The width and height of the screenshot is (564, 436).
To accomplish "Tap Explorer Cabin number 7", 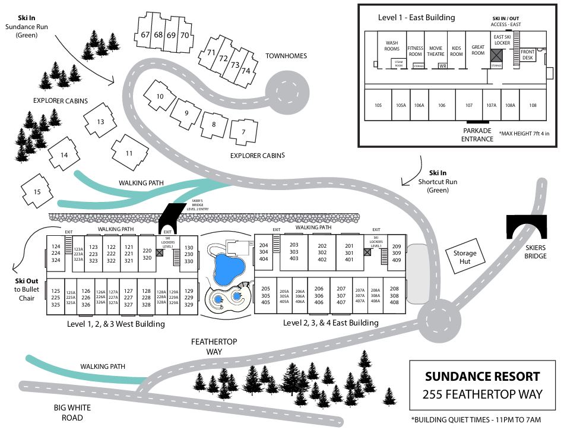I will coord(242,132).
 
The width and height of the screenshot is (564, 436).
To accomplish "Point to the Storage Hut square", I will coord(465,257).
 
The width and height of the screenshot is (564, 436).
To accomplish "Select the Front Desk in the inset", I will coord(528,55).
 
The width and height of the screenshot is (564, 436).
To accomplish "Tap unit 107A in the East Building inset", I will coord(491,105).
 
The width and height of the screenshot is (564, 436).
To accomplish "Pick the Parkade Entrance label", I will coord(478,135).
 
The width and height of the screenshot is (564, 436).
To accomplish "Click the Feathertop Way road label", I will coord(206,347).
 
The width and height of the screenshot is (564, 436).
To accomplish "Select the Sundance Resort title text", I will coord(483,377).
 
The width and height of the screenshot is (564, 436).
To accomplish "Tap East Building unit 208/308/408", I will coord(394,295).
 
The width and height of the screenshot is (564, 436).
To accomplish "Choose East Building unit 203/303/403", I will coord(294,251).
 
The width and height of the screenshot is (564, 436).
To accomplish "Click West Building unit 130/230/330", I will coord(189,254).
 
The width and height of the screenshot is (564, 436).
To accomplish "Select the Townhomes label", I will coord(286,56).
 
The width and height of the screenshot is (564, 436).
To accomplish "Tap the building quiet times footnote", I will coord(476,419).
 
